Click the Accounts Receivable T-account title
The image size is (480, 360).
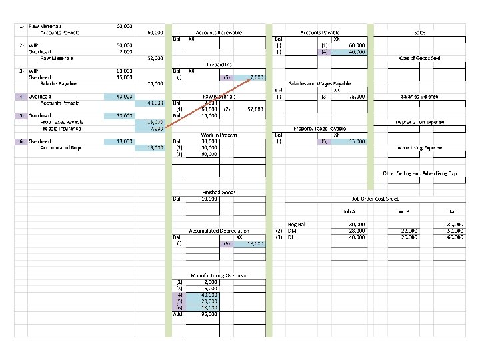click(218, 32)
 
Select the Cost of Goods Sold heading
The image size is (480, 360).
click(419, 58)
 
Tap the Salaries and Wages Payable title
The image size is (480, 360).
click(319, 84)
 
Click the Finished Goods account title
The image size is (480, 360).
click(219, 192)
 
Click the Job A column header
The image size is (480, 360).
click(357, 211)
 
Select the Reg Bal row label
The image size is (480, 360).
click(296, 225)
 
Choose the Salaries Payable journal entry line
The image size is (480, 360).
click(59, 83)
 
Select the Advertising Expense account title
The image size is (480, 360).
click(419, 147)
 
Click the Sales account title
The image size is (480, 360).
click(420, 32)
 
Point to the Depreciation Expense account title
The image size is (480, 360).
click(419, 122)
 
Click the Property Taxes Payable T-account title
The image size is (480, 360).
click(319, 128)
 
